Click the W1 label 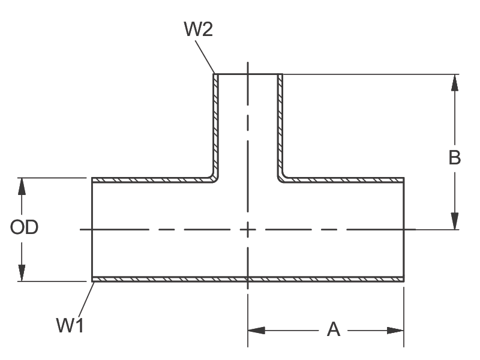[x=70, y=326]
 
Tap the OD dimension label [x=25, y=227]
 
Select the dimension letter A [x=333, y=329]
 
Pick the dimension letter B [x=455, y=157]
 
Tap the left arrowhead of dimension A [x=256, y=330]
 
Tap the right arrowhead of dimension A [x=395, y=330]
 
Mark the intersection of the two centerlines [x=247, y=229]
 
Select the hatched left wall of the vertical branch [x=215, y=126]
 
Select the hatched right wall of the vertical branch [x=280, y=126]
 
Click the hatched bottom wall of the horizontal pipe [x=180, y=279]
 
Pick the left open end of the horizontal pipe [x=92, y=229]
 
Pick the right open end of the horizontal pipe [x=403, y=229]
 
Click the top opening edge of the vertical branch [x=247, y=74]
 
